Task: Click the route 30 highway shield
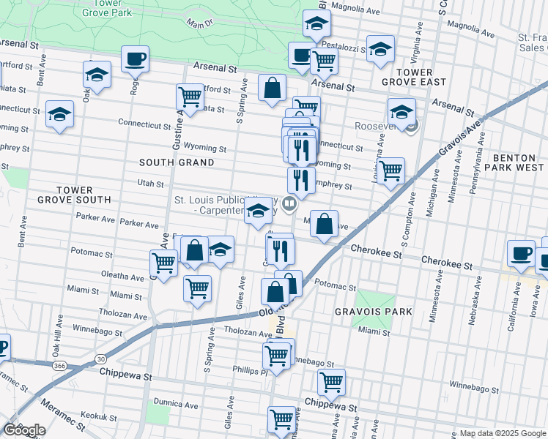point(100,358)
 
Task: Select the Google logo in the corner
point(24,430)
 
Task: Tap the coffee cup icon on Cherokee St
point(522,253)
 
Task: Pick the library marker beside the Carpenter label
point(289,204)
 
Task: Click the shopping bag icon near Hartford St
point(272,88)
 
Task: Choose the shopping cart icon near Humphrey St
point(392,170)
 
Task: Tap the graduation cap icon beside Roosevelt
point(401,112)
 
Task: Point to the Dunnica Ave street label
point(176,404)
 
